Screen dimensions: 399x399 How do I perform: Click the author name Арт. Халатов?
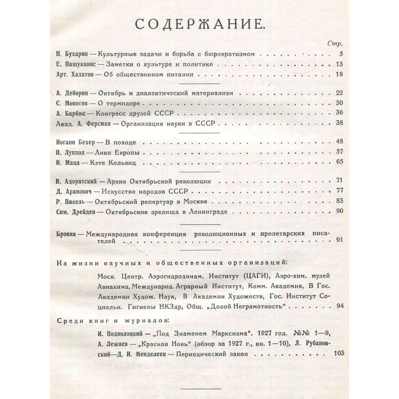[x=75, y=74]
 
